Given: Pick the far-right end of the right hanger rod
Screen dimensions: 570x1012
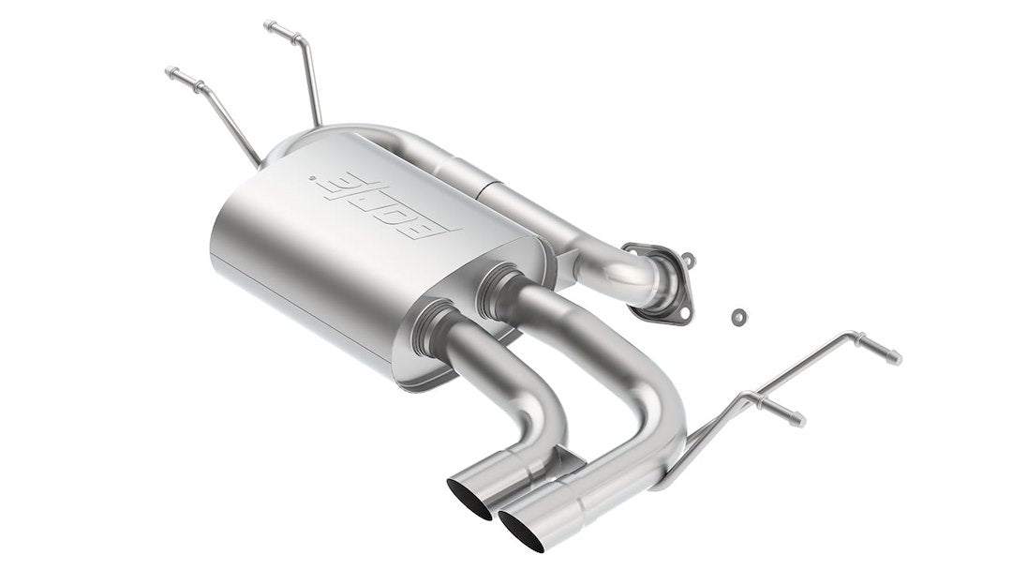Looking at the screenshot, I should [x=896, y=358].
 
